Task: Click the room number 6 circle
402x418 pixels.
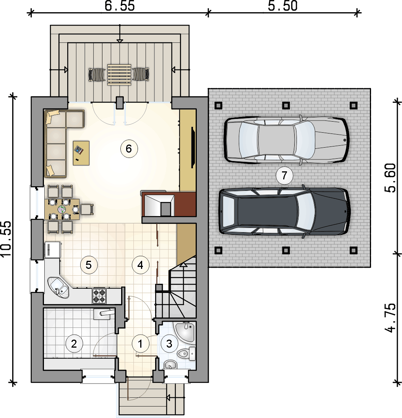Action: [129, 149]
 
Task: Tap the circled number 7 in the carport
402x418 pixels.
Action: [284, 176]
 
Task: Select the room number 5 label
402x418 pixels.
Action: [89, 265]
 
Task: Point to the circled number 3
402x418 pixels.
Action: [169, 344]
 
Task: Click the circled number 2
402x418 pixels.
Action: [74, 344]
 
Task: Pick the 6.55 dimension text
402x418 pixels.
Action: [120, 6]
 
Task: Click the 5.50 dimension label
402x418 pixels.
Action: [283, 6]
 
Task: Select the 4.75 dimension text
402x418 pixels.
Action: [391, 317]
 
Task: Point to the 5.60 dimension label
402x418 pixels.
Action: [391, 178]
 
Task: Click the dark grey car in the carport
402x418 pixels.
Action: [285, 211]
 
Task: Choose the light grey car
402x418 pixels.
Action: [286, 140]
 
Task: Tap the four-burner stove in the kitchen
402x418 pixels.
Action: [99, 296]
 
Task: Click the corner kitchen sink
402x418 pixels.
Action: [58, 287]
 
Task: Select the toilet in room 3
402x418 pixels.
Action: [186, 353]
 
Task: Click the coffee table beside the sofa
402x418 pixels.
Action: [81, 153]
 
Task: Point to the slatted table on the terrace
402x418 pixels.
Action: [119, 75]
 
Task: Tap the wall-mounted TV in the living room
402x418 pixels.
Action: [193, 147]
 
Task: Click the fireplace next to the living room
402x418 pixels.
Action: [169, 204]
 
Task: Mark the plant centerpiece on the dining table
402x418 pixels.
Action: [62, 209]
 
